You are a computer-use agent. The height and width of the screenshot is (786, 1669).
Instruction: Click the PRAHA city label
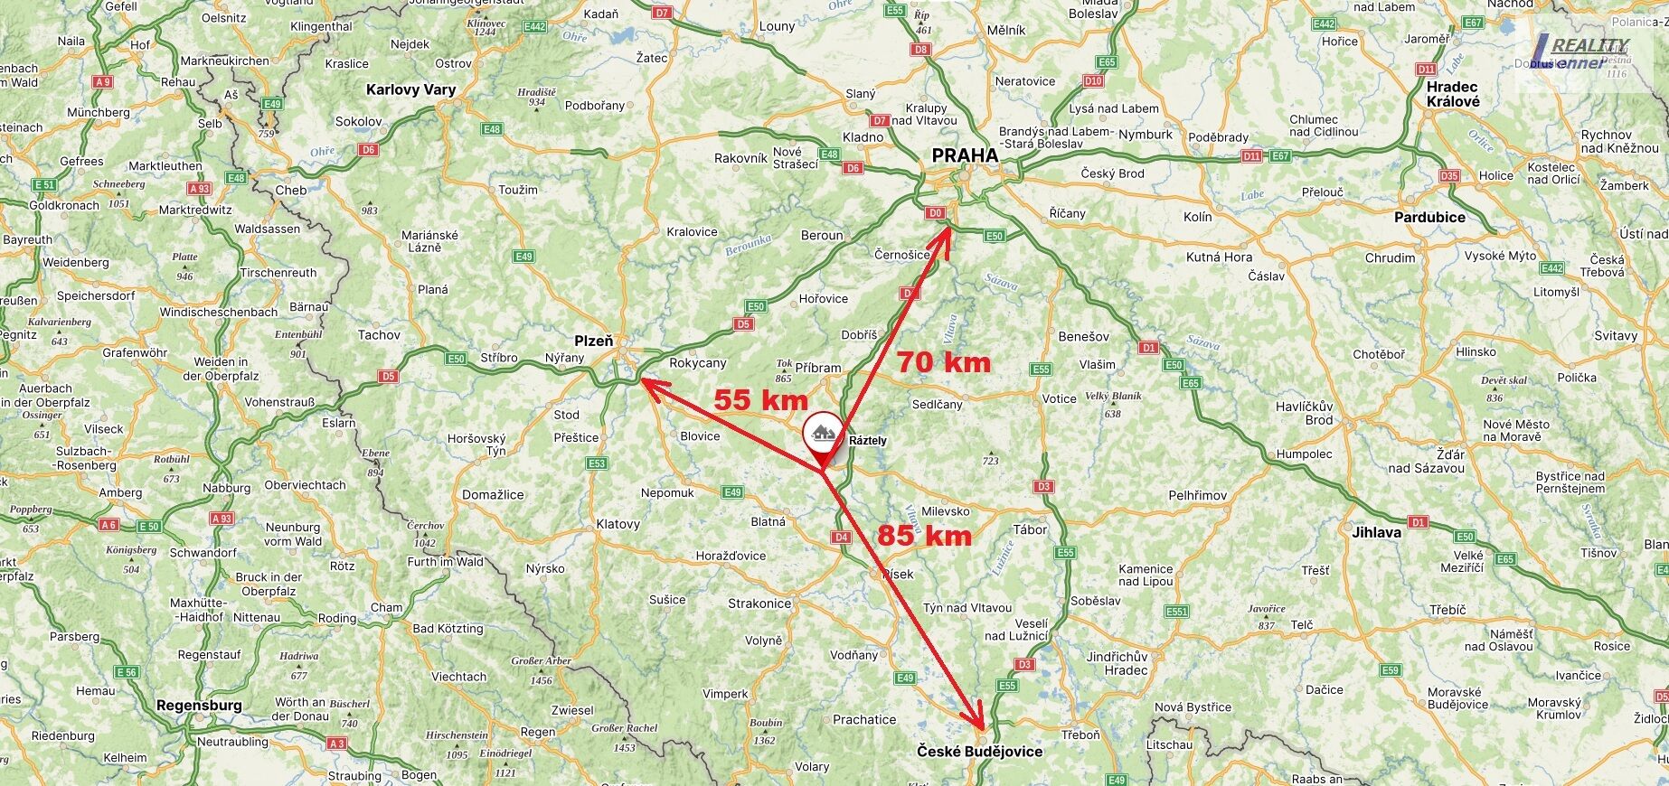tap(965, 155)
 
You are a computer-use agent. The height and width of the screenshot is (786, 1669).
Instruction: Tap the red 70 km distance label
tap(943, 363)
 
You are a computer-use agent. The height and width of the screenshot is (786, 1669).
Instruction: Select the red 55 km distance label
tap(760, 399)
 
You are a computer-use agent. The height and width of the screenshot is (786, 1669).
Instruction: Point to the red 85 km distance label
tap(924, 536)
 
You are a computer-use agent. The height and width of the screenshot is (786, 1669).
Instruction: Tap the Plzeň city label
tap(594, 341)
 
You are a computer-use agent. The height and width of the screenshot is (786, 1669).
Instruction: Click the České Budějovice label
tap(979, 752)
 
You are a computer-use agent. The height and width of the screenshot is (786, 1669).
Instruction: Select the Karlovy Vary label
tap(410, 89)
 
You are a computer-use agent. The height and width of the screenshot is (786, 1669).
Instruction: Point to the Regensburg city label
tap(199, 705)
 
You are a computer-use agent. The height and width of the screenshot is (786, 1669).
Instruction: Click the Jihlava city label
tap(1376, 532)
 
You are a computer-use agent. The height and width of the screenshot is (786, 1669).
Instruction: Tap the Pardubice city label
tap(1429, 217)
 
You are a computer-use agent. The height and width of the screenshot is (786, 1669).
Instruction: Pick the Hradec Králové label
tap(1453, 94)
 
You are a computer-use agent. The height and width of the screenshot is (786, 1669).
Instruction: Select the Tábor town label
tap(1030, 530)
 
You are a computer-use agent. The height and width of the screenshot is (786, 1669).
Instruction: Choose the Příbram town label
tap(818, 368)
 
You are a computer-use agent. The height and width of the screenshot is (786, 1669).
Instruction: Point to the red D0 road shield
tap(935, 213)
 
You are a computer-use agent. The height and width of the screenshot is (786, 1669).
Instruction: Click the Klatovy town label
tap(618, 524)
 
